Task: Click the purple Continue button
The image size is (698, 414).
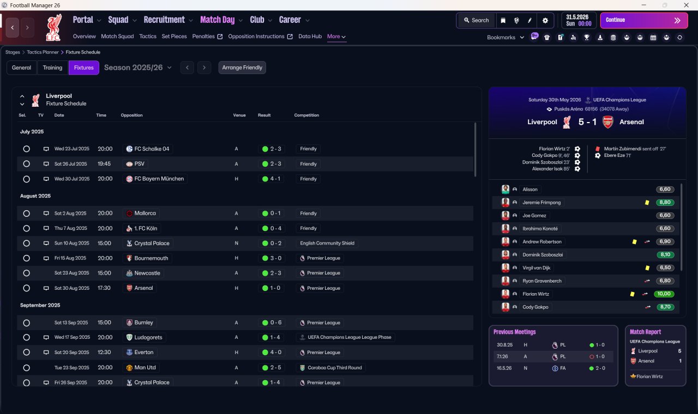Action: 644,20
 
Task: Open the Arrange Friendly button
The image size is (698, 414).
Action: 242,68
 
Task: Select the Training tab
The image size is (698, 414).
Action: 52,68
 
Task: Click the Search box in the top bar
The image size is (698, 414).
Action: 477,20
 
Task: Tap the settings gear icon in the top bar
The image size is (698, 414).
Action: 545,21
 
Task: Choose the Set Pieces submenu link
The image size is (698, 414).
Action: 174,36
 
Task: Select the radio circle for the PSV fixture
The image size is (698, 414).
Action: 27,164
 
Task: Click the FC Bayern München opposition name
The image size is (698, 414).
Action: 159,179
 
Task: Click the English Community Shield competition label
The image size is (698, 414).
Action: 327,243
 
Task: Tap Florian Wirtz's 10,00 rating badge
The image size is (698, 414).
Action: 664,294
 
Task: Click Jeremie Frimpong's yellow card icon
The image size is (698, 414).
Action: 647,203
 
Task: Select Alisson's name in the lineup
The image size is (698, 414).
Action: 529,189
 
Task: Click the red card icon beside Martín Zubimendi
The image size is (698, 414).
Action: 597,149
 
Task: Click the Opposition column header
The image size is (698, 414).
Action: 131,115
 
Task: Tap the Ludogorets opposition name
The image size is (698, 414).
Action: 148,337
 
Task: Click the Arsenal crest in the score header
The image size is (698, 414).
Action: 607,122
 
